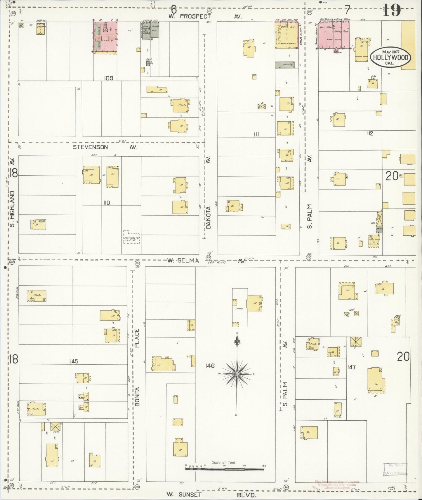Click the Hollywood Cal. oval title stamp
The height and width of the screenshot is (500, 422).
click(390, 57)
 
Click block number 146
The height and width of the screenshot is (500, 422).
click(210, 366)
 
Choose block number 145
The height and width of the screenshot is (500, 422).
click(74, 361)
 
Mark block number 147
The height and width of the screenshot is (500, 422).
click(352, 367)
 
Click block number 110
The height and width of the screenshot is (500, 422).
click(107, 203)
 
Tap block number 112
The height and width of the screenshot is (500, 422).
click(370, 134)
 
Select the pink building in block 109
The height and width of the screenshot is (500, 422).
click(105, 37)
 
